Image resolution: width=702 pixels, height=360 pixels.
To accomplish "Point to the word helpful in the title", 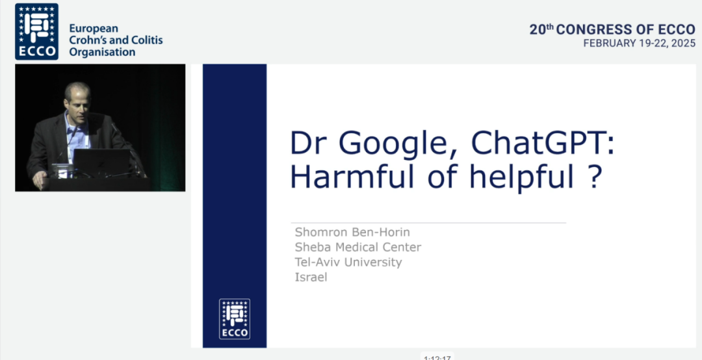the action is [x=523, y=179].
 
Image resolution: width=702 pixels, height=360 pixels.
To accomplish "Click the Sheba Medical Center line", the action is [x=357, y=247].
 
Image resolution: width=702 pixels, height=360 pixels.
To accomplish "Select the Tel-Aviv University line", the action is [x=348, y=263].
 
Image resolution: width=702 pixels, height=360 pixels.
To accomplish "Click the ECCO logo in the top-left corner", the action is [x=36, y=32].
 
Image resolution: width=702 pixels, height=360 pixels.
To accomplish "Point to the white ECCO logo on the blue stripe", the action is [x=235, y=319].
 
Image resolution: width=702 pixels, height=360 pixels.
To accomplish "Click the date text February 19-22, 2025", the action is [x=640, y=44].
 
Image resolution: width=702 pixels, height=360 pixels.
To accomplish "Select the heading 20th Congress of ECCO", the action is [x=612, y=29].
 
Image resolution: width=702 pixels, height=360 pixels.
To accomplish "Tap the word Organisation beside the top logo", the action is [x=102, y=52].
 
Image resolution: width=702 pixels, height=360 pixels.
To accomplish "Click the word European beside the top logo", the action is [x=94, y=29].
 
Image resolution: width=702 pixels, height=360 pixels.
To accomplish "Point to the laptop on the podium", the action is [x=102, y=163].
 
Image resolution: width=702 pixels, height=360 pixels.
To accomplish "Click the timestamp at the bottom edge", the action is [x=437, y=357].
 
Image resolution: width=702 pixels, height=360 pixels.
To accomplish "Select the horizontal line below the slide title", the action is [x=428, y=222].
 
